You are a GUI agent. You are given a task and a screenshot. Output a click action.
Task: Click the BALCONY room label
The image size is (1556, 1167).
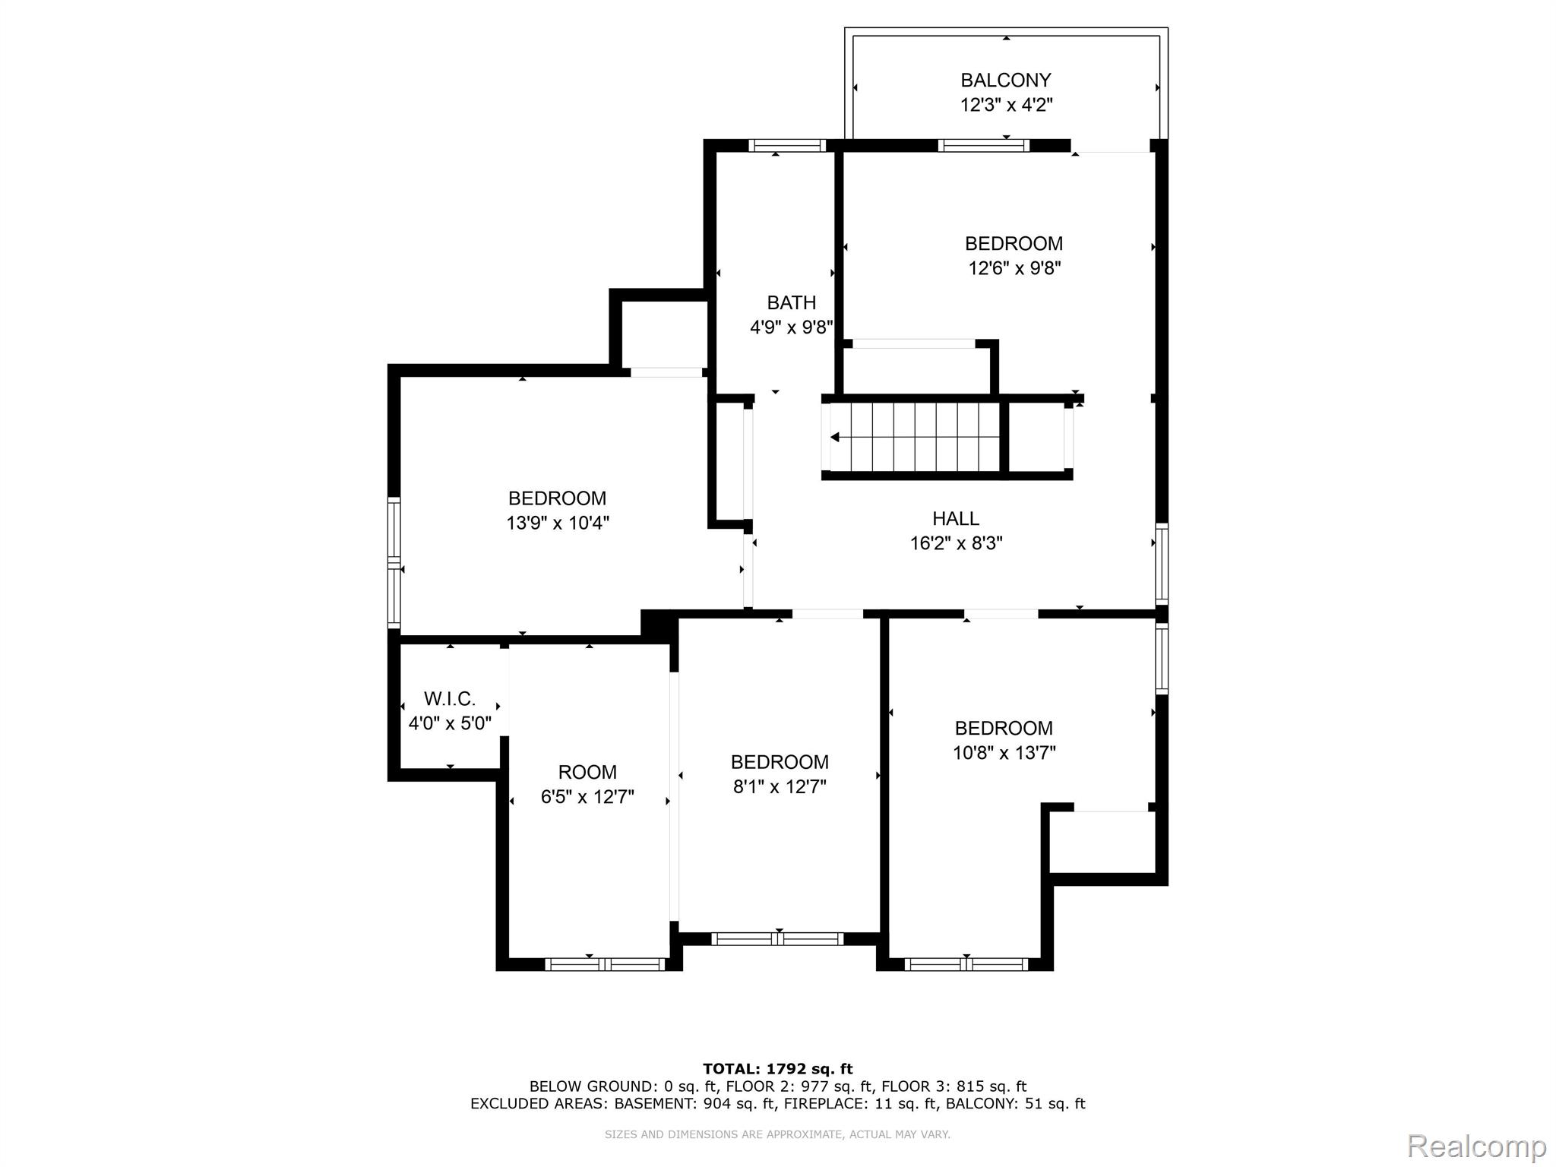pos(1005,80)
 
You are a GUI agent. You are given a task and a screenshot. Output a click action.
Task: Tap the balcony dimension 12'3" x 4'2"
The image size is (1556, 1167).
pos(1006,105)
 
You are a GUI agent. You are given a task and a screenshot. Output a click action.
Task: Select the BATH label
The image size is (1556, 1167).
pos(791,302)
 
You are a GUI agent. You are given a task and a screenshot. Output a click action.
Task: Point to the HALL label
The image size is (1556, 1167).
pos(956,518)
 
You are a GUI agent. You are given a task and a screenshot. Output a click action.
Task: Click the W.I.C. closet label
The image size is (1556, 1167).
pos(450,698)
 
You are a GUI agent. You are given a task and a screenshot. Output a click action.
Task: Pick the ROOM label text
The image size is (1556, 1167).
pos(587,773)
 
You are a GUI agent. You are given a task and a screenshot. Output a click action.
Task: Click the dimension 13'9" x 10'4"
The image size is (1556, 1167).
pos(558,523)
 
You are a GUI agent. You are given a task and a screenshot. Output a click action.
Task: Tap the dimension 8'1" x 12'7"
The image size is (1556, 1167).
pos(780,786)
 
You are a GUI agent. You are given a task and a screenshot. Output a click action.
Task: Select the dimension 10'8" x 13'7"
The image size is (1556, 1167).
pos(1004,753)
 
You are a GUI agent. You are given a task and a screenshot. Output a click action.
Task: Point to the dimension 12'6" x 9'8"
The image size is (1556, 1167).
pos(1014,268)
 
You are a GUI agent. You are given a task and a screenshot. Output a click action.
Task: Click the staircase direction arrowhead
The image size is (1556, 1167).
pos(835,437)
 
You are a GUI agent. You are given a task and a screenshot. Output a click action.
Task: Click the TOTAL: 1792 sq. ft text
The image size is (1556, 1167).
pos(777,1069)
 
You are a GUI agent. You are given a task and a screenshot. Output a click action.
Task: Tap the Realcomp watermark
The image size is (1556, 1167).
pos(1476,1146)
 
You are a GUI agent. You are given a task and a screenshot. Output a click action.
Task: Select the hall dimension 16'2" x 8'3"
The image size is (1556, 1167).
pos(957,543)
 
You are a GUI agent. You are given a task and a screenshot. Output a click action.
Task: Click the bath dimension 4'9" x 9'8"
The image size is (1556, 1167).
pos(792,327)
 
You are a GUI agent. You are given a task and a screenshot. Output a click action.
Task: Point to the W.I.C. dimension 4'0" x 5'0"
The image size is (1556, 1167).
pos(450,723)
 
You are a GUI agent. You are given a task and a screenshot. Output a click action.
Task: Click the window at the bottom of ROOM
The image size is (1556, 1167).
pos(605,964)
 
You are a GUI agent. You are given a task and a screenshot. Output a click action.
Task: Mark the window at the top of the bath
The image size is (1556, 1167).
pos(786,146)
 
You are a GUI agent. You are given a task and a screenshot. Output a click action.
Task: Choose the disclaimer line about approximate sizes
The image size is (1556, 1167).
pos(777,1134)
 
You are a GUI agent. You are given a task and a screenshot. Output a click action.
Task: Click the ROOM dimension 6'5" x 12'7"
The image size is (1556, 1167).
pos(587,797)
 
